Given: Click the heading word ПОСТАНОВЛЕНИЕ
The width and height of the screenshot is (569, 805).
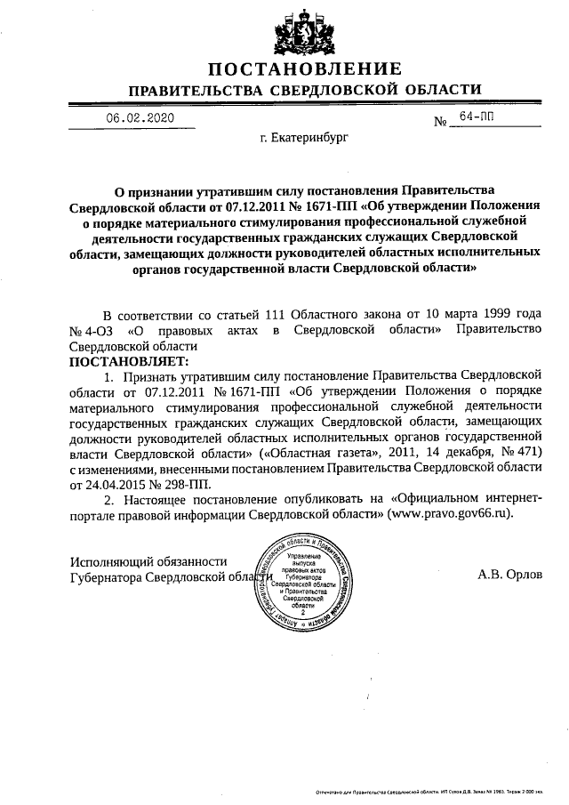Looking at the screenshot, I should click(305, 69).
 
